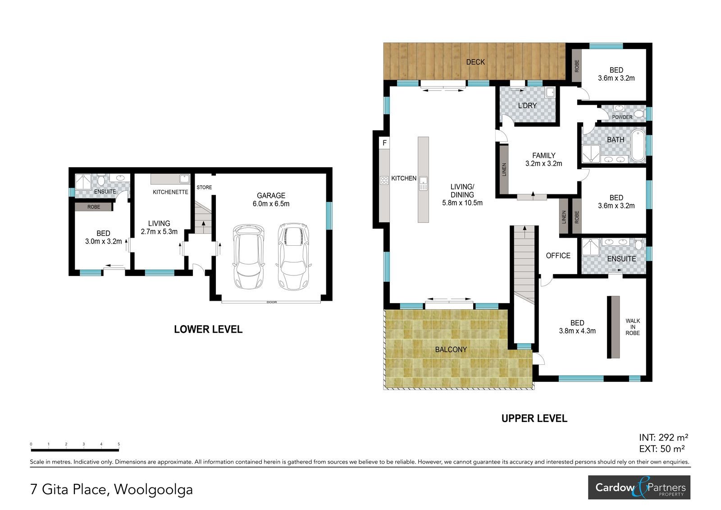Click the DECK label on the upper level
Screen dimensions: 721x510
click(475, 62)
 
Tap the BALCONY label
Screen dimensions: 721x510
click(451, 349)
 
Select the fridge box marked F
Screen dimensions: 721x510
click(384, 143)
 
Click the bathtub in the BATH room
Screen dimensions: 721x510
click(638, 146)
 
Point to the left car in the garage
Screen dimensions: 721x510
click(249, 257)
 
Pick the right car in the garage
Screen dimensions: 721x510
click(293, 256)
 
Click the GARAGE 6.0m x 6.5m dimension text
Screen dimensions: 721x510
click(271, 200)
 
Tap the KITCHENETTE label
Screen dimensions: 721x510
click(170, 192)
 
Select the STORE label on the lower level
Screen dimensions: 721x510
click(204, 187)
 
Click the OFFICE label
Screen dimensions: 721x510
click(558, 256)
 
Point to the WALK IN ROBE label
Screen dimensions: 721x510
click(633, 327)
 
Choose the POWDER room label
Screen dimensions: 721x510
click(622, 117)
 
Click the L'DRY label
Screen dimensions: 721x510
click(528, 106)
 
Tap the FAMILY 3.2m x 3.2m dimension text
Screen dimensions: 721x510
click(543, 160)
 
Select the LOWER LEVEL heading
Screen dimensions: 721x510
click(208, 329)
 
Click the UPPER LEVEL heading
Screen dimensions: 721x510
click(534, 418)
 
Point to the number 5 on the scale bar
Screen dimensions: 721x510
click(119, 444)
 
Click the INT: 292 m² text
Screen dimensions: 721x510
click(663, 437)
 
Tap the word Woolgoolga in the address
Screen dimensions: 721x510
click(154, 489)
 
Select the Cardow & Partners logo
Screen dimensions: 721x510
click(639, 487)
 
